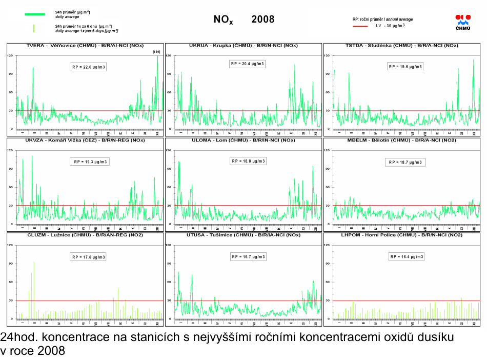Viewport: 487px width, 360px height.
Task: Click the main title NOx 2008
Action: pyautogui.click(x=244, y=19)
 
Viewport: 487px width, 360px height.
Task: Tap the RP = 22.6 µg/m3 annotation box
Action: pyautogui.click(x=88, y=67)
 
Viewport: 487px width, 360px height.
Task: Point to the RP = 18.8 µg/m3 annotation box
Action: pyautogui.click(x=249, y=161)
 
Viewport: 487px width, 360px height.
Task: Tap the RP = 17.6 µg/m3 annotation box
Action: pyautogui.click(x=89, y=257)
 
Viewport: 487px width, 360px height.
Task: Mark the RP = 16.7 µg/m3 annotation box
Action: pyautogui.click(x=249, y=256)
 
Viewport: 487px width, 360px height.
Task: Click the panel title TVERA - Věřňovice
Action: pyautogui.click(x=85, y=46)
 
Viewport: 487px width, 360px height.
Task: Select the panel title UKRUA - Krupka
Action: pyautogui.click(x=243, y=46)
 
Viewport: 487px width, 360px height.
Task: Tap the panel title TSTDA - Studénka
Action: pyautogui.click(x=402, y=46)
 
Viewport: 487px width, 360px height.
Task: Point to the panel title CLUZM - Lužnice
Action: pyautogui.click(x=85, y=235)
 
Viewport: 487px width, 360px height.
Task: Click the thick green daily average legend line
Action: pyautogui.click(x=34, y=14)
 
